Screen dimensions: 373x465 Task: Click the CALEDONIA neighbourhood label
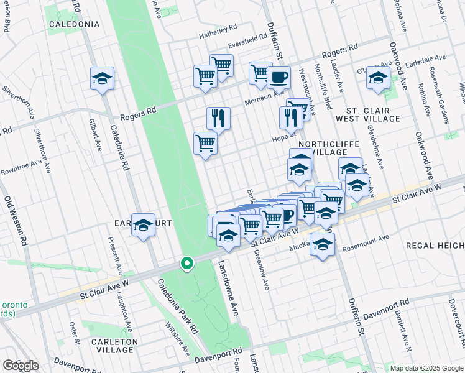click(74, 24)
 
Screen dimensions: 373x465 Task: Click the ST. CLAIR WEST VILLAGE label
click(368, 114)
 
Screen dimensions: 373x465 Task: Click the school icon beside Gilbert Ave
click(102, 78)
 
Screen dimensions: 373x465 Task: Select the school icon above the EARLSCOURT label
click(143, 225)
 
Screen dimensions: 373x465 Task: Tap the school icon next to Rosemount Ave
click(323, 244)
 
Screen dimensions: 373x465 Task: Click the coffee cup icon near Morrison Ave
click(279, 77)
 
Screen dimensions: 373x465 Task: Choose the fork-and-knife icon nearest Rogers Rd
click(218, 118)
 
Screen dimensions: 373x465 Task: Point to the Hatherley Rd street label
click(218, 28)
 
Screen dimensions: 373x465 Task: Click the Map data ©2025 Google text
click(426, 368)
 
